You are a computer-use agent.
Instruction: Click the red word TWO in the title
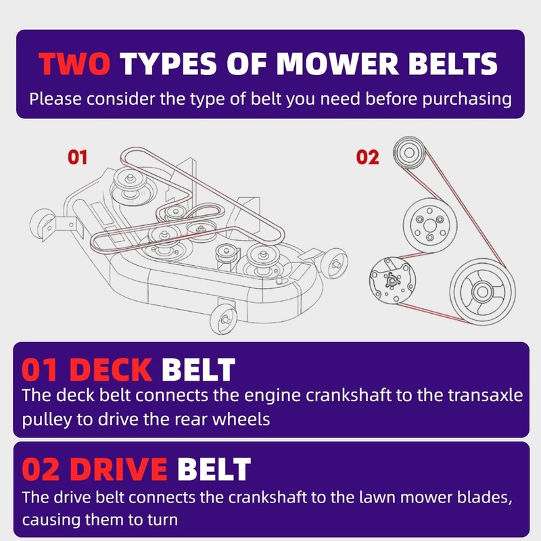[74, 64]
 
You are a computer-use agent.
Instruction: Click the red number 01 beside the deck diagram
[77, 157]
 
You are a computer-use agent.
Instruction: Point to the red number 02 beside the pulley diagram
[367, 157]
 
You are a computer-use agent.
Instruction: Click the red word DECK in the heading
[111, 370]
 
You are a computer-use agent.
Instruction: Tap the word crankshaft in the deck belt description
[348, 395]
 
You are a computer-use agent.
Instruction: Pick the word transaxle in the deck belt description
[486, 395]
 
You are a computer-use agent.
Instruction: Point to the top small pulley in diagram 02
[409, 153]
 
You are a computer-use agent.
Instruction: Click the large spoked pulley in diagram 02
[482, 291]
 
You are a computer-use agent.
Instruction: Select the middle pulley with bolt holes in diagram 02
[430, 226]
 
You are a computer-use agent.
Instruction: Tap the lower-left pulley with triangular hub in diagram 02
[392, 280]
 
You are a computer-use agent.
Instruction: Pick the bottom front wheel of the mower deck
[223, 319]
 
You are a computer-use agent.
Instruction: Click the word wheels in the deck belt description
[241, 419]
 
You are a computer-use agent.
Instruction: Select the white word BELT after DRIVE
[214, 469]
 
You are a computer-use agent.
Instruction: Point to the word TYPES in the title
[168, 64]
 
